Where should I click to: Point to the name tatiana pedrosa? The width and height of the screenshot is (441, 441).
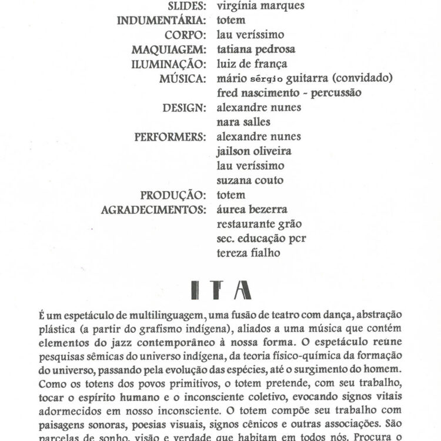(256, 49)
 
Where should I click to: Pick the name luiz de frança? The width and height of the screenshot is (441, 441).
(252, 64)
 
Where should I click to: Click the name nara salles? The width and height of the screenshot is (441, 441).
(243, 122)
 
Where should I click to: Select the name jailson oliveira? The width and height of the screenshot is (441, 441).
(254, 151)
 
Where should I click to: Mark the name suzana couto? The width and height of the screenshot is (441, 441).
(250, 181)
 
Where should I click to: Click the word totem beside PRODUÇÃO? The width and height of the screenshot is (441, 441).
(231, 195)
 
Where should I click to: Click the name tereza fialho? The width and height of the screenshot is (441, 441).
(248, 253)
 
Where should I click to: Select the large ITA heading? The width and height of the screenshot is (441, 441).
(222, 290)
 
